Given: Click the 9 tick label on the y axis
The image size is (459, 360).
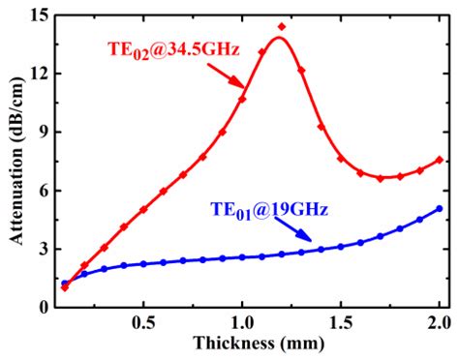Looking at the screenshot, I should tap(36, 133).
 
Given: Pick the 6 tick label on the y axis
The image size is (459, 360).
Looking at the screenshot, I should tap(36, 191).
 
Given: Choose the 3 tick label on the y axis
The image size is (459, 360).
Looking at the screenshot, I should tap(36, 249).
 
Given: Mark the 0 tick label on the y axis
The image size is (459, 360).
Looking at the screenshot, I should tap(36, 308).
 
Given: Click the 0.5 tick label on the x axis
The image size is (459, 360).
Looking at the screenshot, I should tap(143, 322).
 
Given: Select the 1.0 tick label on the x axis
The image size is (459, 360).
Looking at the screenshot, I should tap(242, 322).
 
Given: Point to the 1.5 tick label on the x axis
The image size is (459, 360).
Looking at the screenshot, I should tap(341, 322).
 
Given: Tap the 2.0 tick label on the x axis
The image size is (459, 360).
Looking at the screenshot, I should tap(440, 322).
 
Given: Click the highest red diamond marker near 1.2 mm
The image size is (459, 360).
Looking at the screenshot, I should tap(282, 27).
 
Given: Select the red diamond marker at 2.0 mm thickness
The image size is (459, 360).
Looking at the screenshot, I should tap(440, 160).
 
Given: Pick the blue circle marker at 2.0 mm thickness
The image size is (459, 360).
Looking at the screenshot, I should tap(440, 208).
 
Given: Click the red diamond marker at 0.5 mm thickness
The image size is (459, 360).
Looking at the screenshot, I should tap(143, 209).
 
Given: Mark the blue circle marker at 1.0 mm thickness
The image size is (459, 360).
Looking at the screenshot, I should tap(242, 257).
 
